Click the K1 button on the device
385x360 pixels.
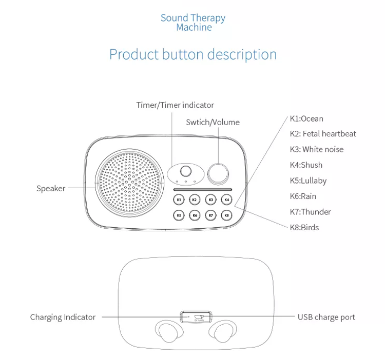click(x=179, y=199)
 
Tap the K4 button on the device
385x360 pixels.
click(x=227, y=199)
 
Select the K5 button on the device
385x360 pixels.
click(x=179, y=215)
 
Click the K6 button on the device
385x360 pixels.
click(x=195, y=215)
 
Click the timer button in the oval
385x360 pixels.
click(x=186, y=171)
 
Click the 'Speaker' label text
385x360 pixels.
click(x=51, y=188)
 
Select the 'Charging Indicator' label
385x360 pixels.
click(x=63, y=317)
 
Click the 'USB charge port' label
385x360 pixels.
click(x=326, y=317)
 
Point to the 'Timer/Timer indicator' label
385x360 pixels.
click(x=175, y=105)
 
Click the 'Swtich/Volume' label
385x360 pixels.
click(x=213, y=122)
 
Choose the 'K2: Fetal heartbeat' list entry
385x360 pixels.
click(x=323, y=134)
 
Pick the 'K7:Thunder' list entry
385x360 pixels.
click(x=311, y=212)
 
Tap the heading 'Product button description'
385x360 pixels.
click(x=193, y=54)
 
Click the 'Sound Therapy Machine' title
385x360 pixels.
click(x=193, y=23)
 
